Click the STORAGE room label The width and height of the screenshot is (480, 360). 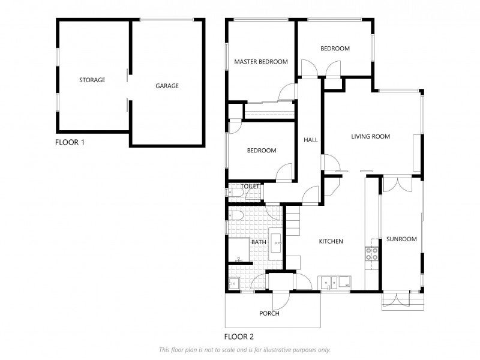pyautogui.click(x=92, y=80)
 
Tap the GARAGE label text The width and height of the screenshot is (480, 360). pyautogui.click(x=167, y=86)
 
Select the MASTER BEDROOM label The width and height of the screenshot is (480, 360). pyautogui.click(x=260, y=62)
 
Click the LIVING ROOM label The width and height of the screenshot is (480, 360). pyautogui.click(x=370, y=137)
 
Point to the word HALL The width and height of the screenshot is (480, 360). pyautogui.click(x=310, y=140)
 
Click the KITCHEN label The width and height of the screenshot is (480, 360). pyautogui.click(x=331, y=241)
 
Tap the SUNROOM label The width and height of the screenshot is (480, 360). pyautogui.click(x=401, y=239)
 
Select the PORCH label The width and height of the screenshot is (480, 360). pyautogui.click(x=269, y=313)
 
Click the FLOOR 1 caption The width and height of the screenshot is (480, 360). pyautogui.click(x=70, y=142)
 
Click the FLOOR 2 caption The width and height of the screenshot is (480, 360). pyautogui.click(x=239, y=337)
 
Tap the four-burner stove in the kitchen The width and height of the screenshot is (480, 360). pyautogui.click(x=371, y=253)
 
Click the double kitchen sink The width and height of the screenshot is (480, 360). pyautogui.click(x=328, y=281)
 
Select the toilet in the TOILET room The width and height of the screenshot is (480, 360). pyautogui.click(x=233, y=192)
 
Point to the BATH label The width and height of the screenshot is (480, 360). pyautogui.click(x=259, y=242)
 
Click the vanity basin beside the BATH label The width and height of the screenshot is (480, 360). pyautogui.click(x=277, y=243)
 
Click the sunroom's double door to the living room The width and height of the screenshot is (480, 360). pyautogui.click(x=396, y=184)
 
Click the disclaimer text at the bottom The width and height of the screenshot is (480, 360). pyautogui.click(x=244, y=350)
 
